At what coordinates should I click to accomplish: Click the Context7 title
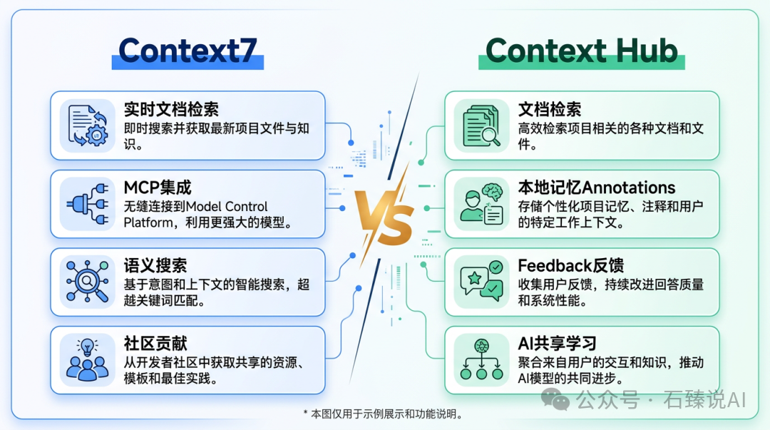tap(188, 51)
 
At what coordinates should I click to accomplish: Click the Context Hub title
tap(581, 51)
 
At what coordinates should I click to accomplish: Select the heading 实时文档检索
tap(171, 109)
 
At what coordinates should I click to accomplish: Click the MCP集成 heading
tap(158, 188)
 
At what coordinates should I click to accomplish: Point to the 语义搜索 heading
tap(155, 266)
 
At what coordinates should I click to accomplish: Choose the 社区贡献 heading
tap(155, 344)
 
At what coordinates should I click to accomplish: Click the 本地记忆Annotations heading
tap(597, 188)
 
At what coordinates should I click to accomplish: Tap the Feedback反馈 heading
tap(571, 266)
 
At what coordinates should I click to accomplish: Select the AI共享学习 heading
tap(558, 344)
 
